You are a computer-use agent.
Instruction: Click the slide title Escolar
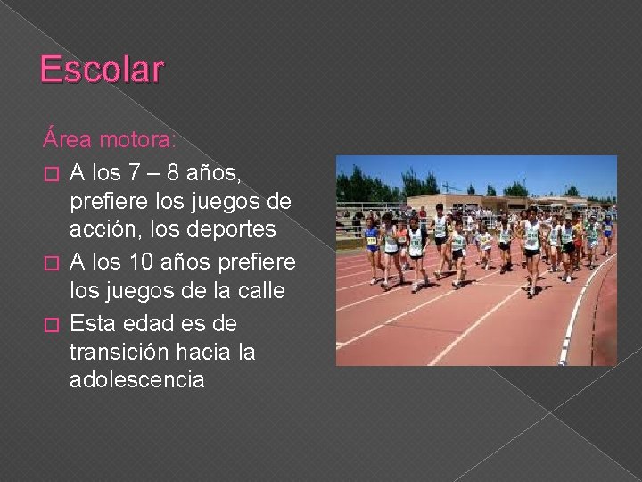pos(103,70)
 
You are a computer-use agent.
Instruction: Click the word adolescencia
pos(136,380)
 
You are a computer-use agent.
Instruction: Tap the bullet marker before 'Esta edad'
pos(49,321)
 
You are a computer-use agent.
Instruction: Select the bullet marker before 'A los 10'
pos(49,261)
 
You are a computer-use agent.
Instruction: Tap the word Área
pos(66,140)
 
